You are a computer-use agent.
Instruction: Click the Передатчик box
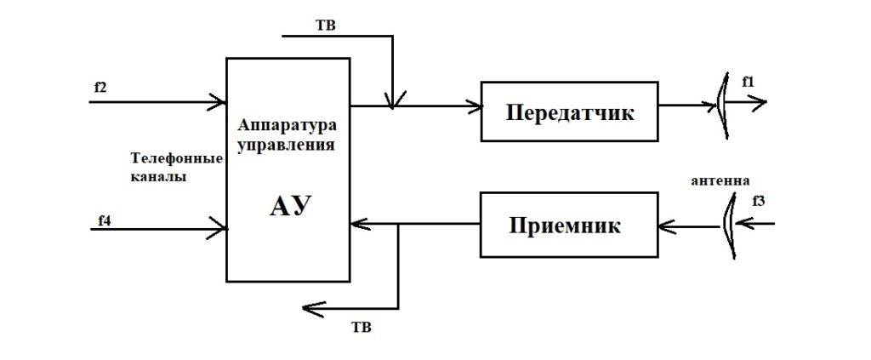point(569,111)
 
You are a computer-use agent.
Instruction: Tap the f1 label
point(748,82)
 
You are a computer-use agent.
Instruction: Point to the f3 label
point(759,201)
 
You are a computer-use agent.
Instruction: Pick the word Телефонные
point(174,159)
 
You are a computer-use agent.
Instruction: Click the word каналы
point(159,177)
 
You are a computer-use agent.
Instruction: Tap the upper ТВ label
point(325,25)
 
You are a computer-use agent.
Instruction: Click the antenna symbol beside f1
point(722,106)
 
